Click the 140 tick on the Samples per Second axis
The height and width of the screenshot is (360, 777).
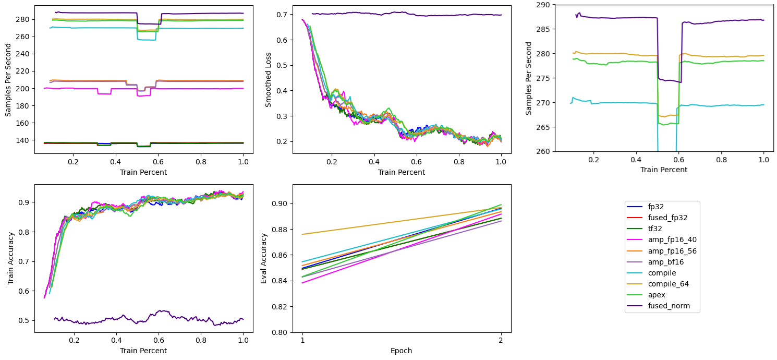(25, 140)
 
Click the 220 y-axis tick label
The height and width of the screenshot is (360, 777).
(25, 71)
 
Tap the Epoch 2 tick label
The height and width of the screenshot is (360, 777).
(501, 340)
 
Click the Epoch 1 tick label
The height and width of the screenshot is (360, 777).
(303, 340)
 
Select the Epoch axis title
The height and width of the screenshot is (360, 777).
(402, 350)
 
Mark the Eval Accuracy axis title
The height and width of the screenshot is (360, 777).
(264, 258)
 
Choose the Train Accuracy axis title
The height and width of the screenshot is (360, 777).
(10, 258)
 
